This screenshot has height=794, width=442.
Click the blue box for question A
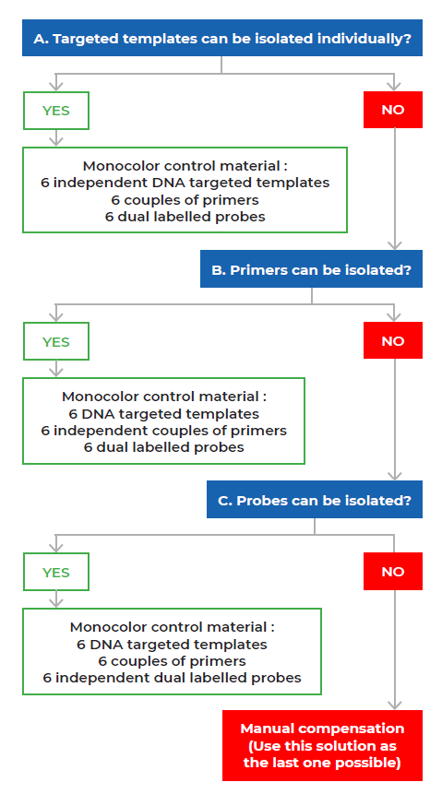(222, 38)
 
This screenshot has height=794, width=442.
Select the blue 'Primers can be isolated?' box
(311, 269)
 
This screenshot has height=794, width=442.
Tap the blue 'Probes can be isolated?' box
(315, 499)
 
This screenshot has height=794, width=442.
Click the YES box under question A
(55, 111)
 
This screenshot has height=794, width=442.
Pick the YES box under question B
(55, 341)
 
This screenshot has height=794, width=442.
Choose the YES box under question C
(55, 572)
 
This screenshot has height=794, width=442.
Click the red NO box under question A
(393, 110)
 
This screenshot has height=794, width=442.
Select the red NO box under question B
(393, 340)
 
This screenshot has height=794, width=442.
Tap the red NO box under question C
(393, 571)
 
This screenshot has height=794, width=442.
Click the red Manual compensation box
(322, 745)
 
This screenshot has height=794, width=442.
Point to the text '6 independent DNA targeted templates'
(185, 183)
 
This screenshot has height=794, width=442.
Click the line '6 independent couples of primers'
(163, 431)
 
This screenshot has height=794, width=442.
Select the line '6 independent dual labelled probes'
(172, 678)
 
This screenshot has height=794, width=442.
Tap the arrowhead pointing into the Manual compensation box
(394, 705)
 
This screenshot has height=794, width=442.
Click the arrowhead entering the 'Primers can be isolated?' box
(394, 245)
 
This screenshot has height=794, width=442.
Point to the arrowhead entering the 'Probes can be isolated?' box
(394, 476)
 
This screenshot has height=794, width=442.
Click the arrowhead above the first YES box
(55, 87)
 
